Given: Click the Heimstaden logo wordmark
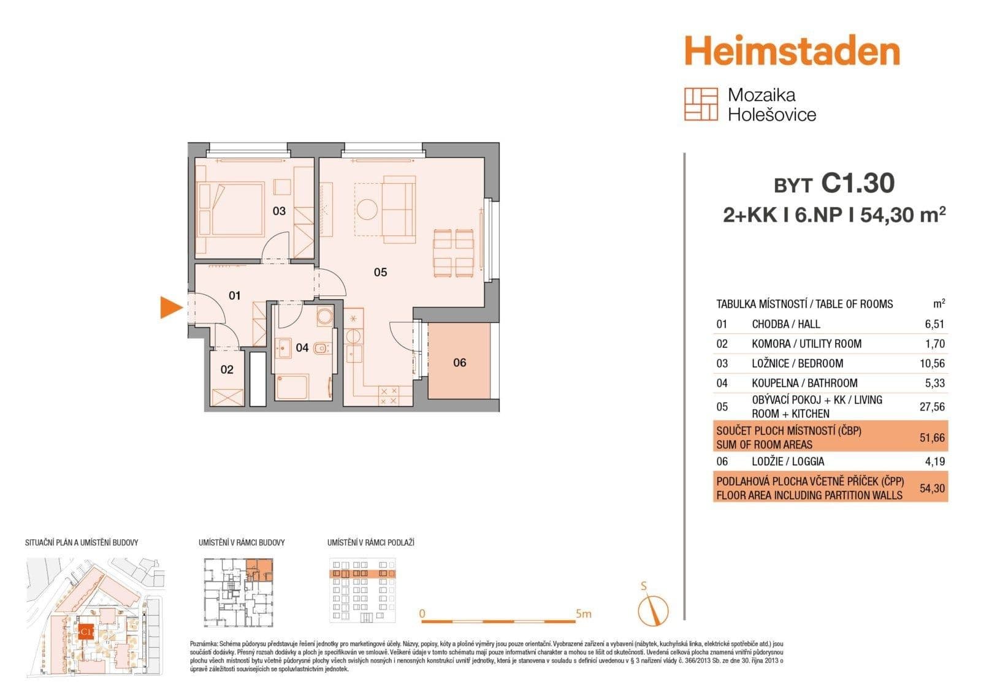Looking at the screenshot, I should [792, 51].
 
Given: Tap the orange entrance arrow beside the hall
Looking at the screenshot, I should [170, 307].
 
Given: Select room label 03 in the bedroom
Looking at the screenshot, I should [279, 211].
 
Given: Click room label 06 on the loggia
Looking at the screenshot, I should [460, 363].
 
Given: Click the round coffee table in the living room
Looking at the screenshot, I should [368, 209].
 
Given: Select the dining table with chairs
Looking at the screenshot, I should [454, 252].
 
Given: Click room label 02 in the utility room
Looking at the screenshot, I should [227, 369].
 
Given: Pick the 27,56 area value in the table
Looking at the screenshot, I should [932, 407].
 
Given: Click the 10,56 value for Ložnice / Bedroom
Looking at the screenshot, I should [932, 363].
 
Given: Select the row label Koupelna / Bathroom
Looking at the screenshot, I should [804, 383].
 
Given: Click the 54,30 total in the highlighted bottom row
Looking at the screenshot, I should [932, 488].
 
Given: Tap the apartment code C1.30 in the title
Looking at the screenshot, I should [858, 183].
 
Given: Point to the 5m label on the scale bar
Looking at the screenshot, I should [583, 613].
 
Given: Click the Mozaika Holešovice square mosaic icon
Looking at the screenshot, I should [701, 104].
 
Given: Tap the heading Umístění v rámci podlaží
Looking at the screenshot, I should [370, 543].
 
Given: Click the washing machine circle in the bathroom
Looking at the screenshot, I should [324, 317].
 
